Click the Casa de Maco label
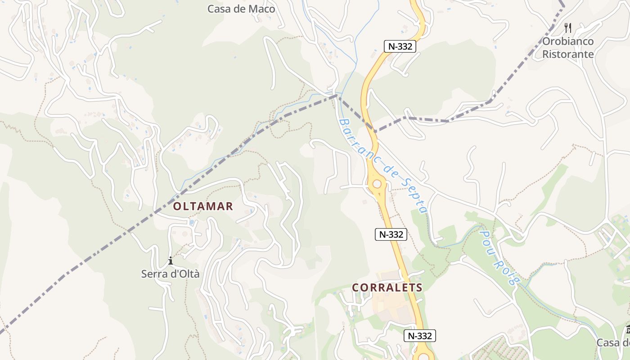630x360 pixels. [241, 9]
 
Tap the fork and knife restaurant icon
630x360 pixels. [568, 28]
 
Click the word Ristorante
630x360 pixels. [568, 54]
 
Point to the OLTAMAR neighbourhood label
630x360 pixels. [203, 207]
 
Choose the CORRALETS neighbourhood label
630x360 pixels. [387, 288]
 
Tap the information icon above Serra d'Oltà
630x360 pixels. [170, 261]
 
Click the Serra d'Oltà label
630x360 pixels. [170, 274]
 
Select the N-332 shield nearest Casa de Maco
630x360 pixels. [399, 46]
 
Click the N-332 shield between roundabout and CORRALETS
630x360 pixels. [391, 234]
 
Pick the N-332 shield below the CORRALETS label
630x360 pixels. [419, 336]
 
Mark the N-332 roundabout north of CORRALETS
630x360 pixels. [377, 184]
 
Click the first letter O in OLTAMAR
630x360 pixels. [177, 207]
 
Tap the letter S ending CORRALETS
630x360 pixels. [418, 288]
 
